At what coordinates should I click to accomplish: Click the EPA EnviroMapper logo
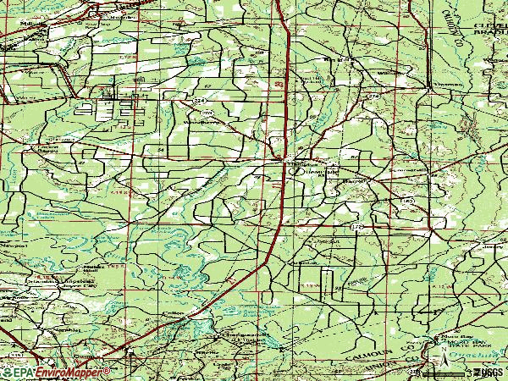[x=56, y=372]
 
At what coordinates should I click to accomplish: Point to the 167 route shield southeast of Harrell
[x=408, y=201]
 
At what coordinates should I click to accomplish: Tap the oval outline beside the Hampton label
[x=295, y=170]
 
